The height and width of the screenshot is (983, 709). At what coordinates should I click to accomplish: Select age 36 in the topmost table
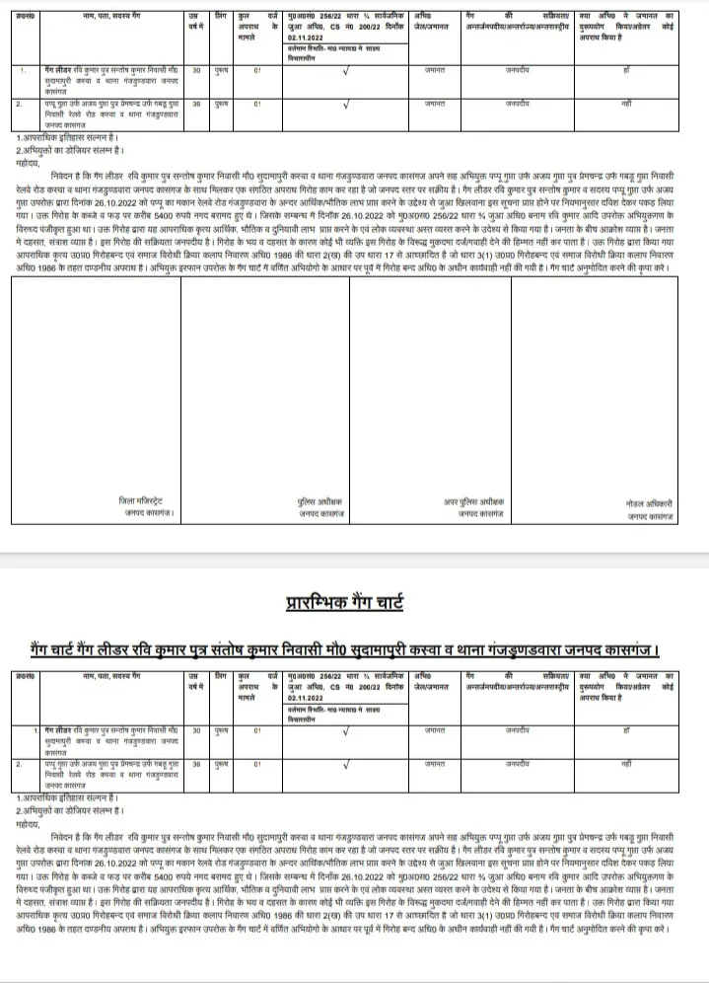[x=196, y=103]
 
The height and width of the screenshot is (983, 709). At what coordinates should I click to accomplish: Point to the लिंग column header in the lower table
[x=222, y=676]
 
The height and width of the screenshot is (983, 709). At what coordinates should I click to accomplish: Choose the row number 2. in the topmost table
[x=19, y=103]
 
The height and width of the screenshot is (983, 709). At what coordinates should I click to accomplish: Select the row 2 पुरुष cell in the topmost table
[x=222, y=103]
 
